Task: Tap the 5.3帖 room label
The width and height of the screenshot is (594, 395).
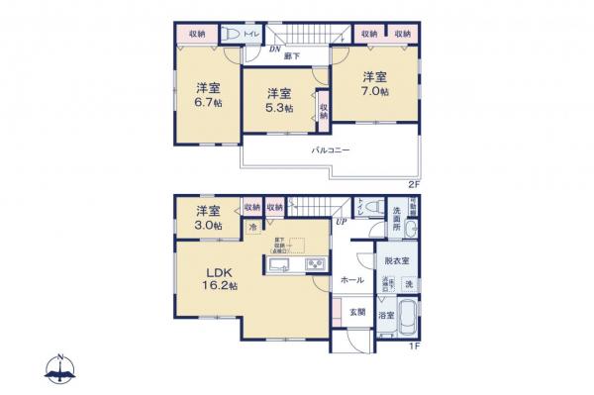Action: (277, 100)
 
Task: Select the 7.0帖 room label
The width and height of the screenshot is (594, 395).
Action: (373, 84)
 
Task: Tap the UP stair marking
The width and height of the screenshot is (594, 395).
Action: (341, 222)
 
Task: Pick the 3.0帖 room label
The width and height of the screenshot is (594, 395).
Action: (206, 218)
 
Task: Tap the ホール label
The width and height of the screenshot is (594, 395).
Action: (352, 280)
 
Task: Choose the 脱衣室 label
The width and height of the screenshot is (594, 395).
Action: (397, 260)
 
